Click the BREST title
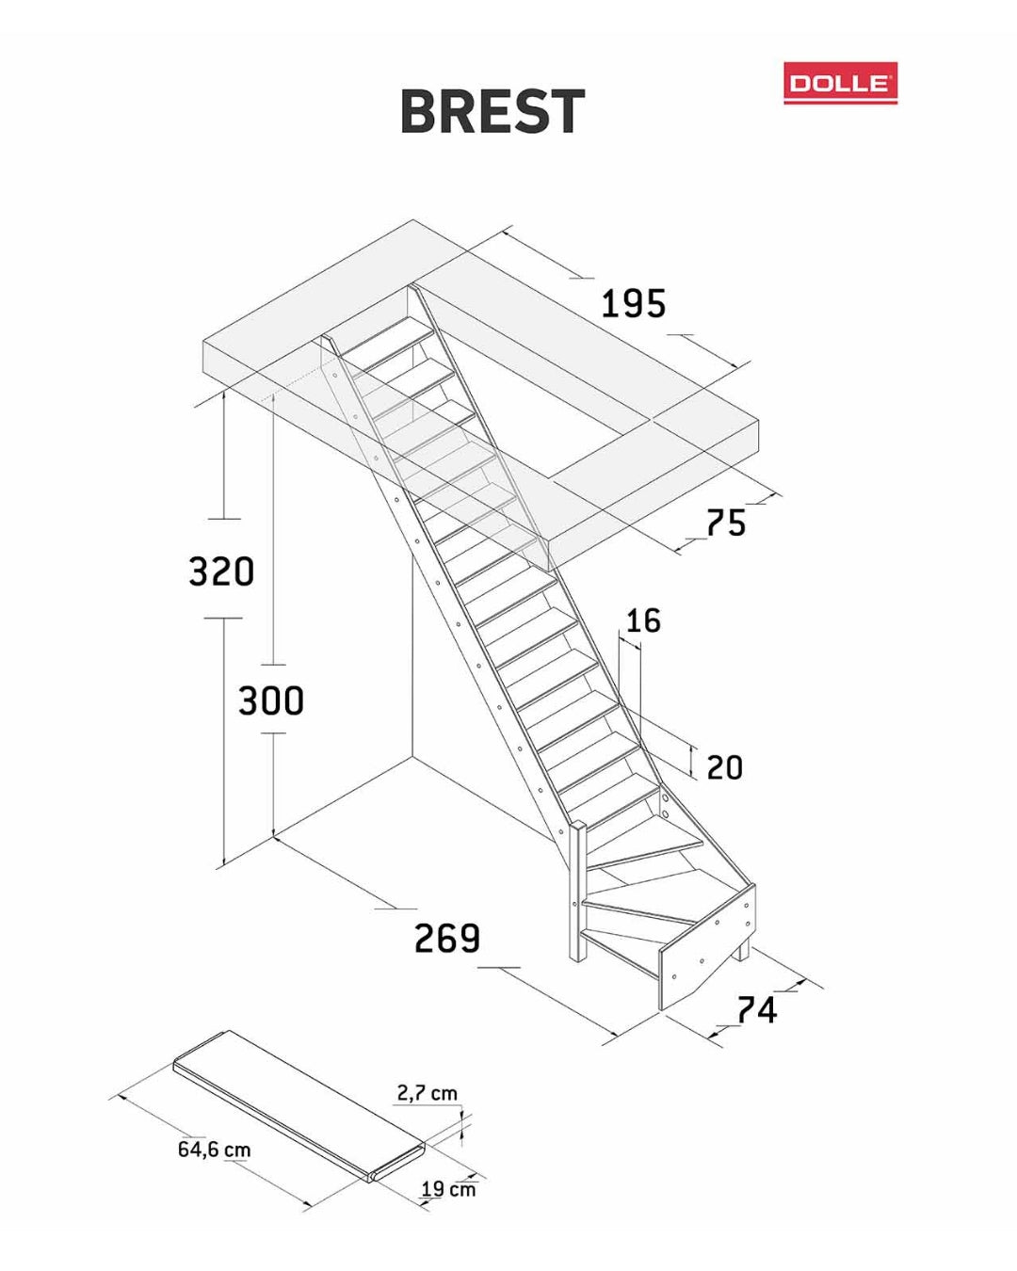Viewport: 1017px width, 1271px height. click(492, 111)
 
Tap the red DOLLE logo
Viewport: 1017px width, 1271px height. click(840, 83)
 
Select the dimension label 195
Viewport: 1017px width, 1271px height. click(633, 304)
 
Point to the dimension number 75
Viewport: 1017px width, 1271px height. click(726, 523)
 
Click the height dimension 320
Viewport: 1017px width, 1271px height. click(221, 571)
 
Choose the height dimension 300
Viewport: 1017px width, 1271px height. click(271, 700)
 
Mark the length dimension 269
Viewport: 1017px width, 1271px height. click(446, 938)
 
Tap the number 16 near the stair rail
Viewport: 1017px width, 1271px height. click(643, 620)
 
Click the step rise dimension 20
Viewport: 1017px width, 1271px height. click(724, 767)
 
